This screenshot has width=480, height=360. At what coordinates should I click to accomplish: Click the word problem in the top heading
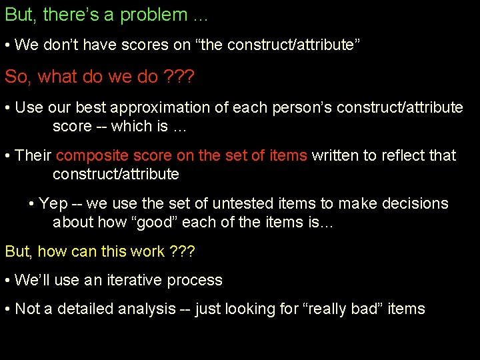click(154, 15)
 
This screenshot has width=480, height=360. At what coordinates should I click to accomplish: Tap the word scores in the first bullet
click(119, 45)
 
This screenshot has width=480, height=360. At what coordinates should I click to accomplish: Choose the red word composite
click(92, 156)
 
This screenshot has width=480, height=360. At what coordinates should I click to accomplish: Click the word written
click(337, 156)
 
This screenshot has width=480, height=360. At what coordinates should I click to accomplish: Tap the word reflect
click(404, 156)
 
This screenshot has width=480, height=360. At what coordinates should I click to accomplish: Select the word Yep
click(53, 203)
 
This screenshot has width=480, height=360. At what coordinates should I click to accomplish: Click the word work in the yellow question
click(148, 251)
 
